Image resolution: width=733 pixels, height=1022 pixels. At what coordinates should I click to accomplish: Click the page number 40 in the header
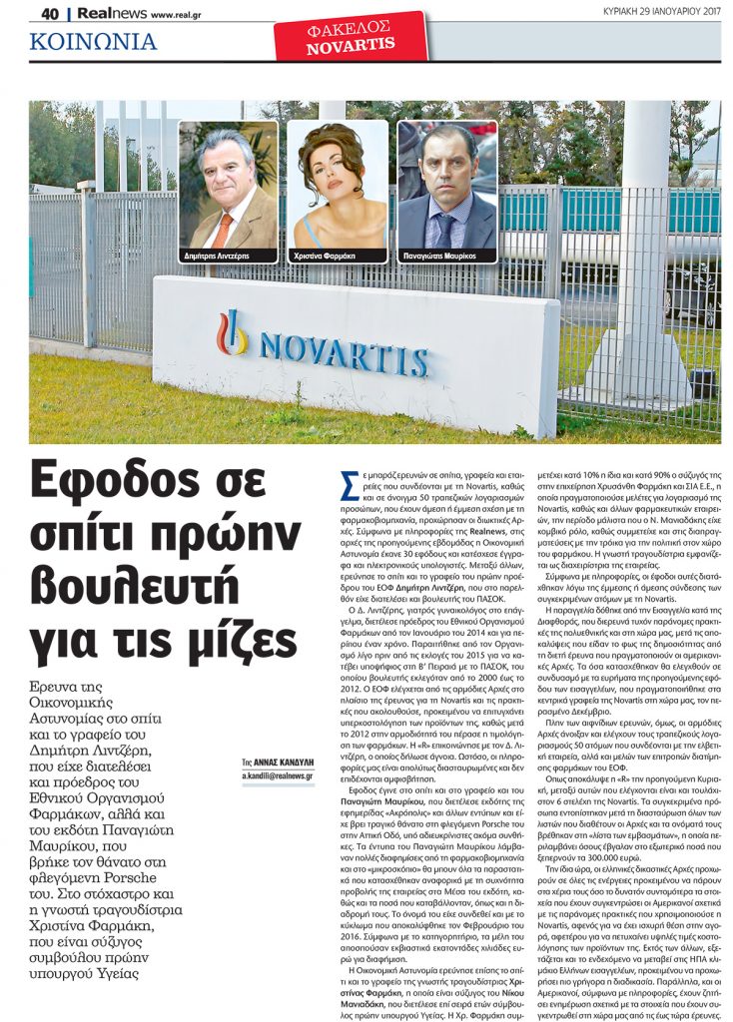[x=49, y=14]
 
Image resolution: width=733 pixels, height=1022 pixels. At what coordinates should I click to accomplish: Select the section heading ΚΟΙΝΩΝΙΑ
[x=93, y=42]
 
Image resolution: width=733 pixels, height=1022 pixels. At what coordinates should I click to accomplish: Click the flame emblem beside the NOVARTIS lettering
[x=233, y=332]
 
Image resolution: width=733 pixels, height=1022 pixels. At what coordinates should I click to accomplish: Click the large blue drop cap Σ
[x=351, y=485]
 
